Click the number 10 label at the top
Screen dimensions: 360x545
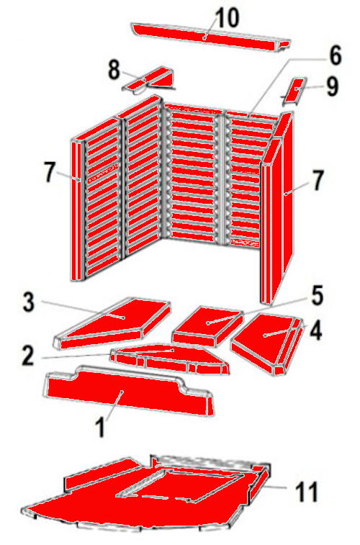click(228, 18)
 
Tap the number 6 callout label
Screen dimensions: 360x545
click(336, 55)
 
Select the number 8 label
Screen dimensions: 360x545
click(114, 71)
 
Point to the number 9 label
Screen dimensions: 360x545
click(332, 87)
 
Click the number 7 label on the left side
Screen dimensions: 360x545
click(50, 172)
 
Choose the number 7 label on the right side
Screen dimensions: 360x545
click(318, 181)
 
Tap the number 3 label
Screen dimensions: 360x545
click(29, 302)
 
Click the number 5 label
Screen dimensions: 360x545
click(317, 296)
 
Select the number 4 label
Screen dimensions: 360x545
click(316, 330)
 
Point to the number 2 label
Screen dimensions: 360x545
click(28, 355)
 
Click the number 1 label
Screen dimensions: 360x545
click(100, 428)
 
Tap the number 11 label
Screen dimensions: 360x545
click(307, 491)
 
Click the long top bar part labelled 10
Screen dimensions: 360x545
click(210, 37)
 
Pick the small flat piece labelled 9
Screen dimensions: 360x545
click(294, 91)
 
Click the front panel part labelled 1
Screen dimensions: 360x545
click(129, 391)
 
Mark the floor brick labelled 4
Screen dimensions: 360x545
click(268, 344)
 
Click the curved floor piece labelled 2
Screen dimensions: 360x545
click(170, 359)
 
